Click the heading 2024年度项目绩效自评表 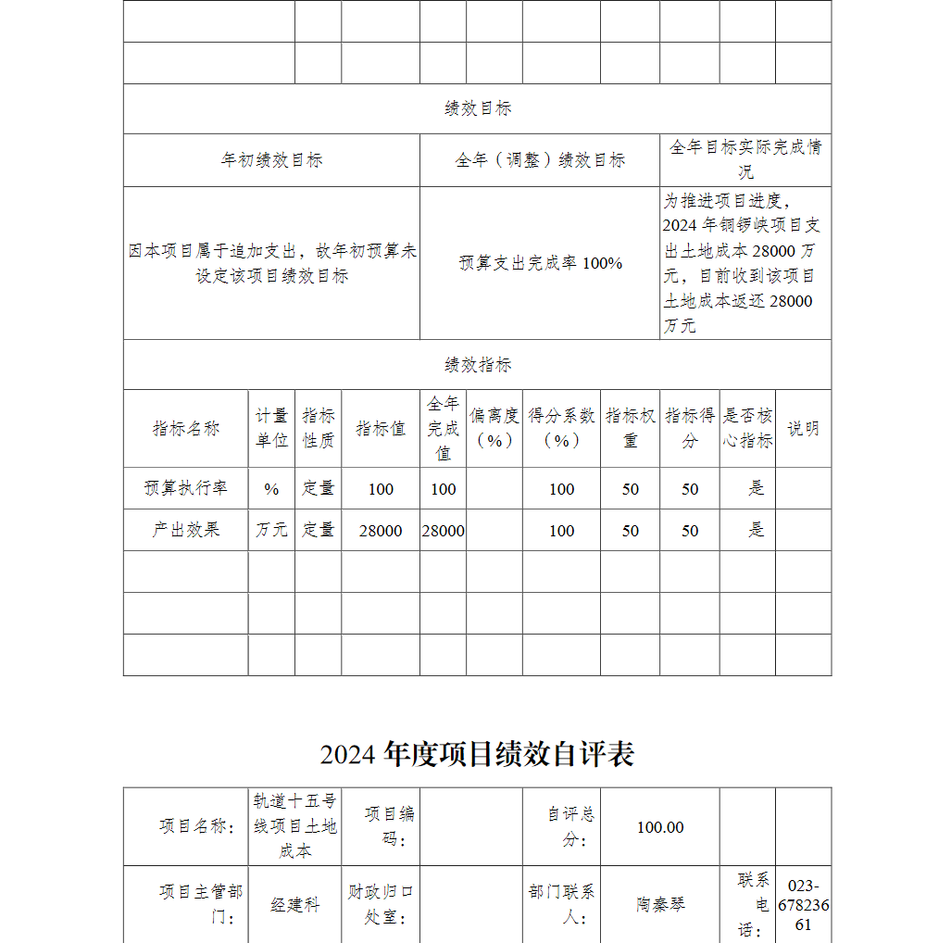click(x=477, y=754)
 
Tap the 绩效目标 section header click(x=477, y=108)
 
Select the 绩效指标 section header click(x=477, y=365)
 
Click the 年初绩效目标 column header click(x=271, y=160)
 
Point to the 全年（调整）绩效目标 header click(x=540, y=160)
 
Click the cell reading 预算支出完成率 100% click(x=540, y=263)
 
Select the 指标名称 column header click(x=186, y=428)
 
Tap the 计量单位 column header click(x=271, y=428)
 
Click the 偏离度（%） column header click(x=494, y=428)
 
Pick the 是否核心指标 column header click(x=747, y=428)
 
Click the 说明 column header click(x=803, y=428)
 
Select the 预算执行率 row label click(x=186, y=488)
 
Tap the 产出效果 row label click(x=186, y=530)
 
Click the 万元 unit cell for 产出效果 click(x=271, y=530)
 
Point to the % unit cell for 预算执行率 click(x=271, y=488)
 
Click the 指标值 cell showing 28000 click(x=381, y=530)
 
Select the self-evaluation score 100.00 click(x=659, y=827)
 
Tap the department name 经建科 click(x=294, y=905)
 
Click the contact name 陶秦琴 click(x=660, y=905)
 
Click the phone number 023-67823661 click(x=803, y=905)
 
